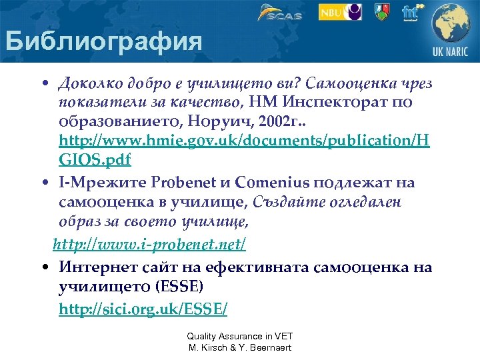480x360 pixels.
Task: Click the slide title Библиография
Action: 103,41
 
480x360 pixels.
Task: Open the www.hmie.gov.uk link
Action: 244,141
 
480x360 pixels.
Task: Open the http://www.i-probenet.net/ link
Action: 149,246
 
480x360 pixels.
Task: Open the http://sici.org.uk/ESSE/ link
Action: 143,309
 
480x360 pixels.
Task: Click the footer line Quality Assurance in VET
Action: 240,337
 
